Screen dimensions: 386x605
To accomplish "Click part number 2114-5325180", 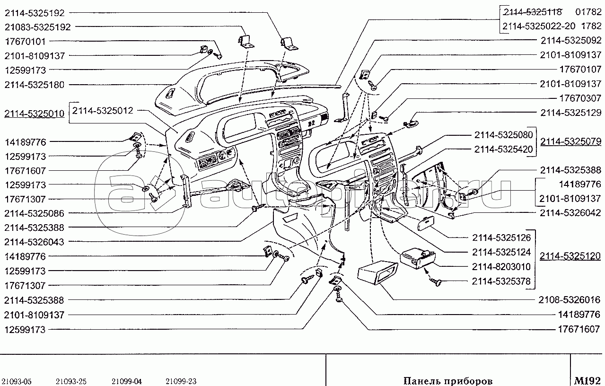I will [x=37, y=85].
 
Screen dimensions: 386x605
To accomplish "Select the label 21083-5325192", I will [x=37, y=27].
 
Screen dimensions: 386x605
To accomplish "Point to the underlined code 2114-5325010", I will [x=34, y=114].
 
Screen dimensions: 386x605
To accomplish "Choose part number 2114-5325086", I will [x=37, y=213].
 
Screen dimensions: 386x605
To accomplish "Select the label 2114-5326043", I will [x=37, y=242].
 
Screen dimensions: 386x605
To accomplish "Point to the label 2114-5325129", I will [x=570, y=113].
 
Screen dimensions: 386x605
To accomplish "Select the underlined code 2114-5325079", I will [x=570, y=141].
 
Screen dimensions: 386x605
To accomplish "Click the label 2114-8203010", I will [x=501, y=267].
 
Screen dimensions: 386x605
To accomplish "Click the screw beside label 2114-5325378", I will [x=435, y=282].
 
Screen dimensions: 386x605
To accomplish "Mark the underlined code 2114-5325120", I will [x=570, y=256].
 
